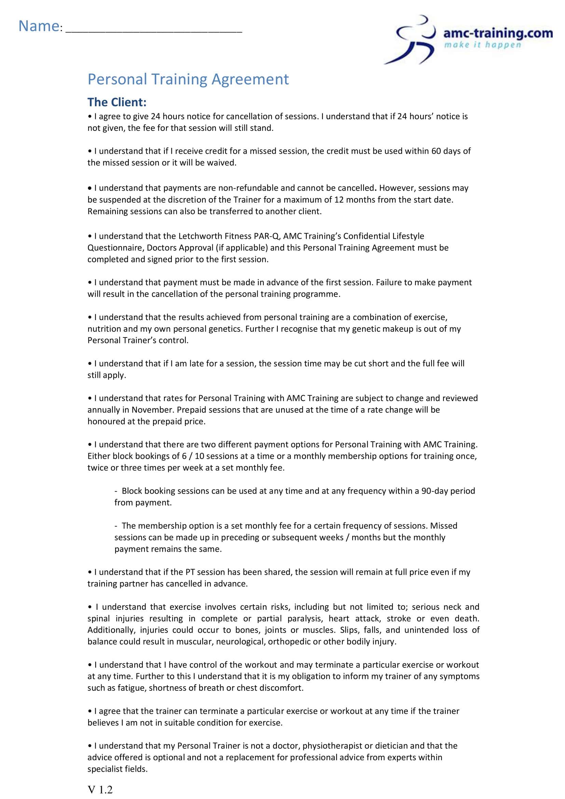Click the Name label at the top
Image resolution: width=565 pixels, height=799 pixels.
39,26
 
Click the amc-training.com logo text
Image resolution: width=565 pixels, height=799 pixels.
498,33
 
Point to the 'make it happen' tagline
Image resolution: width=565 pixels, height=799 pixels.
482,45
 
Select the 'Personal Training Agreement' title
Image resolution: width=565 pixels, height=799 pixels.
188,79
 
